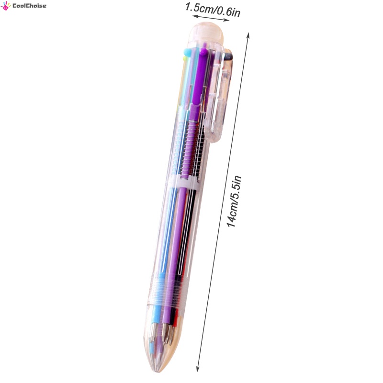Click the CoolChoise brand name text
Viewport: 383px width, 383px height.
click(29, 6)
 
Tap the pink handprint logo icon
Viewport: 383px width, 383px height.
click(6, 6)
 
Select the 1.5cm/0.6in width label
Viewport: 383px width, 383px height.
click(213, 10)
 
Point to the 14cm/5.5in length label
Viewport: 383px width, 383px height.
click(234, 202)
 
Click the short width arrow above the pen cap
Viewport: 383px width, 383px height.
click(211, 18)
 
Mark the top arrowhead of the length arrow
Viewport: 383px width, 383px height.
click(248, 35)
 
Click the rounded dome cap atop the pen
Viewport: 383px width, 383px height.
click(206, 34)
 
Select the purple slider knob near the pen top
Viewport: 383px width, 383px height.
click(203, 51)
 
